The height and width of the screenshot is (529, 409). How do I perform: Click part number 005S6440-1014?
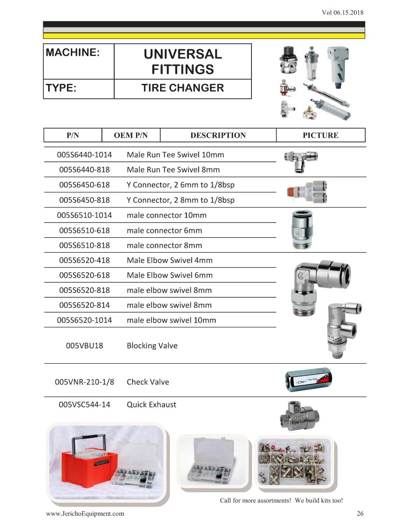tap(84, 155)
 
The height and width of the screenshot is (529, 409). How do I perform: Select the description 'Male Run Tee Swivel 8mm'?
tap(173, 170)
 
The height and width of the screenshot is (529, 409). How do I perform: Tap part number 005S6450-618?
tap(84, 185)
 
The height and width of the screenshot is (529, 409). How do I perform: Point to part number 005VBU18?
tap(84, 345)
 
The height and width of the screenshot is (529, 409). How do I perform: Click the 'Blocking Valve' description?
tap(152, 345)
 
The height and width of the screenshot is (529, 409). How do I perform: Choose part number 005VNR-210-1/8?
tap(84, 382)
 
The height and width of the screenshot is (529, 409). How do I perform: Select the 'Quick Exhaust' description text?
tap(151, 404)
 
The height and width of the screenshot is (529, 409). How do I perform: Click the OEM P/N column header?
tap(131, 136)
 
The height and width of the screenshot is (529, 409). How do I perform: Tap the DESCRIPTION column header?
tap(218, 136)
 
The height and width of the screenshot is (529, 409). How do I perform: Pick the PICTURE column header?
tap(320, 136)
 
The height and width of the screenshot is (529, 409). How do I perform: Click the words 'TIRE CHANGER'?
tap(182, 88)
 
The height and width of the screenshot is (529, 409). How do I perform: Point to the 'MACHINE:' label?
tap(73, 52)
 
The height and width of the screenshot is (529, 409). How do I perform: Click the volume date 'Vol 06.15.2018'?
tap(342, 12)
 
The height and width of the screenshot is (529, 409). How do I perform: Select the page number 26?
tap(360, 514)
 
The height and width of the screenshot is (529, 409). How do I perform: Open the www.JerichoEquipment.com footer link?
tap(85, 514)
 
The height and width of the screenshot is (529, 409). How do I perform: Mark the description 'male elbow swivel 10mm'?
tap(171, 320)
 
